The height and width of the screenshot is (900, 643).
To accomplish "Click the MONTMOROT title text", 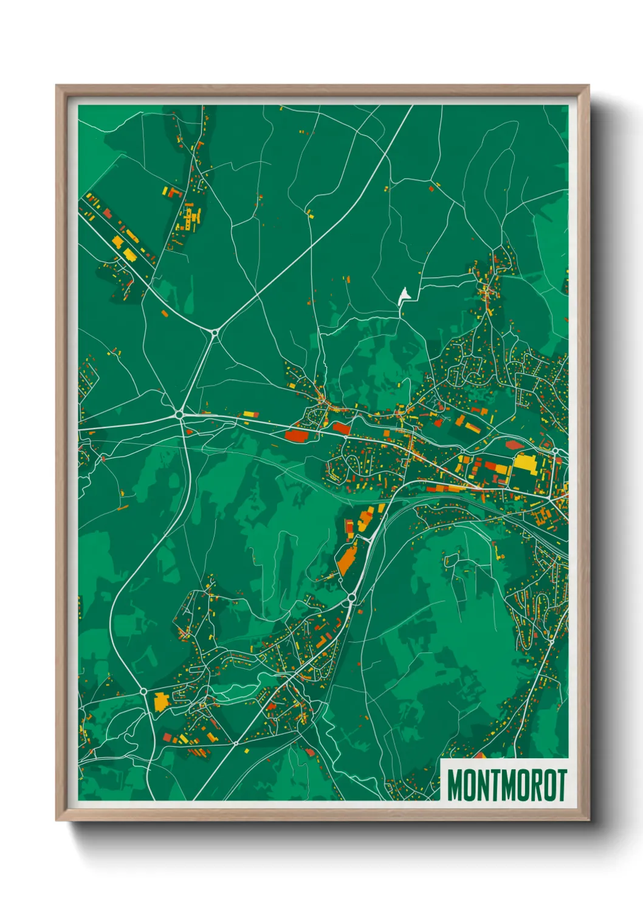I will click(507, 785).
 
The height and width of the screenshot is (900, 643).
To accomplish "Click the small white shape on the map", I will click(404, 297).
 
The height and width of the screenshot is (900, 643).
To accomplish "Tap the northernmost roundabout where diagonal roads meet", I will click(215, 332).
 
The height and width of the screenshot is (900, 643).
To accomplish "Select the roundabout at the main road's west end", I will click(179, 414).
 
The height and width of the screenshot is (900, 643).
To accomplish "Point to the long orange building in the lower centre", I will click(347, 560).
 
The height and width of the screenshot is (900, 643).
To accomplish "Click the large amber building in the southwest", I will click(160, 701).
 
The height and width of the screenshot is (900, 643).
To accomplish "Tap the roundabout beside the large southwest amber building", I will click(143, 691).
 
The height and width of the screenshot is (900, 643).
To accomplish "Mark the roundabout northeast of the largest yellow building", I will click(555, 451).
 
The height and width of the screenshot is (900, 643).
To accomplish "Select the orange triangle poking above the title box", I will click(480, 755).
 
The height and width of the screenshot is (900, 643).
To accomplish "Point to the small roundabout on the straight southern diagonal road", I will click(235, 743).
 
